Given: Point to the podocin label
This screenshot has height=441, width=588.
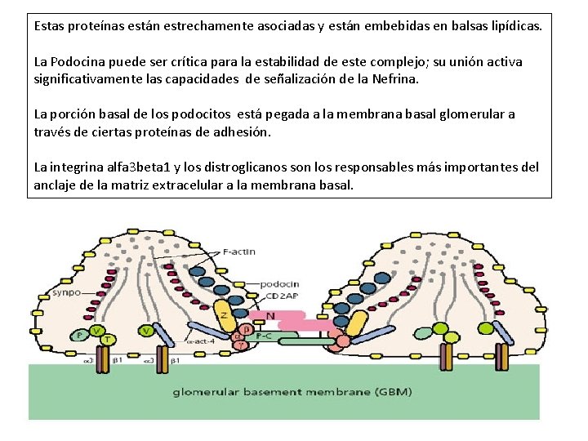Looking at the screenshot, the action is (281, 283).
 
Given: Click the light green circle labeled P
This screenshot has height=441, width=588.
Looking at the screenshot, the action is (80, 336).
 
